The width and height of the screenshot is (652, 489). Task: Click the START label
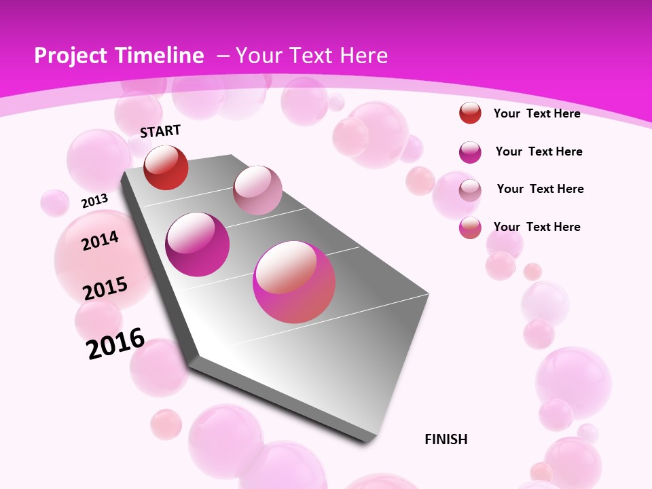tap(160, 130)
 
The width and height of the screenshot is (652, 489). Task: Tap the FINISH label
tap(446, 439)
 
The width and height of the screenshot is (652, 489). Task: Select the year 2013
tap(94, 200)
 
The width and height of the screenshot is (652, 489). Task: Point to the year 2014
tap(100, 240)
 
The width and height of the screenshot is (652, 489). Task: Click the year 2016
tap(115, 343)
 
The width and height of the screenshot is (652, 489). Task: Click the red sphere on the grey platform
tap(166, 167)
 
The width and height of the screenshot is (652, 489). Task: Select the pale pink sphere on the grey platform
tap(257, 190)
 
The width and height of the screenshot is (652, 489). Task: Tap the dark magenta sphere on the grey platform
tap(198, 244)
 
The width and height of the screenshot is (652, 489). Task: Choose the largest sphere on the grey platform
tap(294, 282)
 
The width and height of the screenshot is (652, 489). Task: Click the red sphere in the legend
tap(470, 113)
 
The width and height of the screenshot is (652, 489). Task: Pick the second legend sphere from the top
tap(470, 152)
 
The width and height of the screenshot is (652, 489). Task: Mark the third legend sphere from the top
tap(470, 190)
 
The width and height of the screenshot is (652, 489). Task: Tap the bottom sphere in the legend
tap(470, 228)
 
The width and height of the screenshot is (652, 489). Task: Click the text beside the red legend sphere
tap(537, 113)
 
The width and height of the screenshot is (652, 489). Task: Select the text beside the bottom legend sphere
tap(537, 227)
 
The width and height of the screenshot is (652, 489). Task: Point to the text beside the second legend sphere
tap(539, 151)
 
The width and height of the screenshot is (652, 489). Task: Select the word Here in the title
tap(363, 56)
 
